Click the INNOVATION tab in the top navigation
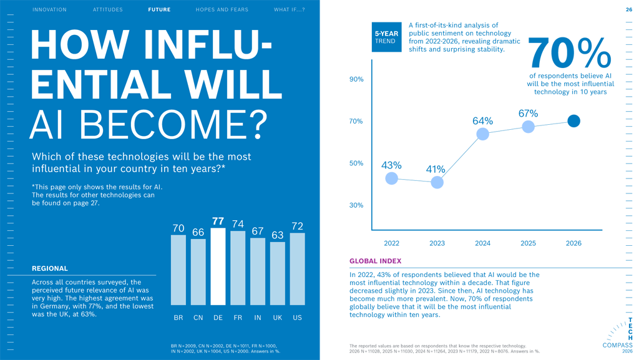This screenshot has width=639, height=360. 49,10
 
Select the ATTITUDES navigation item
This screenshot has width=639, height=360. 108,10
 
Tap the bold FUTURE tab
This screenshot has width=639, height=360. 159,10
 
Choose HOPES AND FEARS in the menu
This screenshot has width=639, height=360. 222,10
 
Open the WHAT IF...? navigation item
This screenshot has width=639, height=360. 290,10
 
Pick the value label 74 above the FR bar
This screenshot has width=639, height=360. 238,224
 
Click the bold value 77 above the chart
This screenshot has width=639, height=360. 218,221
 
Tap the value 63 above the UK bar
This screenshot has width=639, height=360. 278,235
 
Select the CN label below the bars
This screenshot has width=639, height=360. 198,318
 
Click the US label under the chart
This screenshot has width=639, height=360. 297,318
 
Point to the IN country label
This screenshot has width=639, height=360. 258,318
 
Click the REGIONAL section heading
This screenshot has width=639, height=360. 50,269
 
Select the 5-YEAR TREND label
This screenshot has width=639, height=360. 386,37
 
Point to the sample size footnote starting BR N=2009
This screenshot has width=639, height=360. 225,348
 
